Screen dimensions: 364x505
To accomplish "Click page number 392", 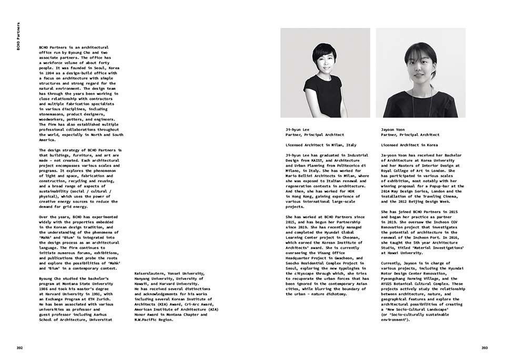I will (x=19, y=348).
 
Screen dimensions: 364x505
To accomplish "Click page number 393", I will (x=484, y=348).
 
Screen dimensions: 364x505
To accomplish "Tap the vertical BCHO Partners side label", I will (x=19, y=37).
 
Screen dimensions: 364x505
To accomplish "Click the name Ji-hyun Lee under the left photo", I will (x=297, y=129).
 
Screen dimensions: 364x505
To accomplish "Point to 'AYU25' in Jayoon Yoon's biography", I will (x=389, y=284).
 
